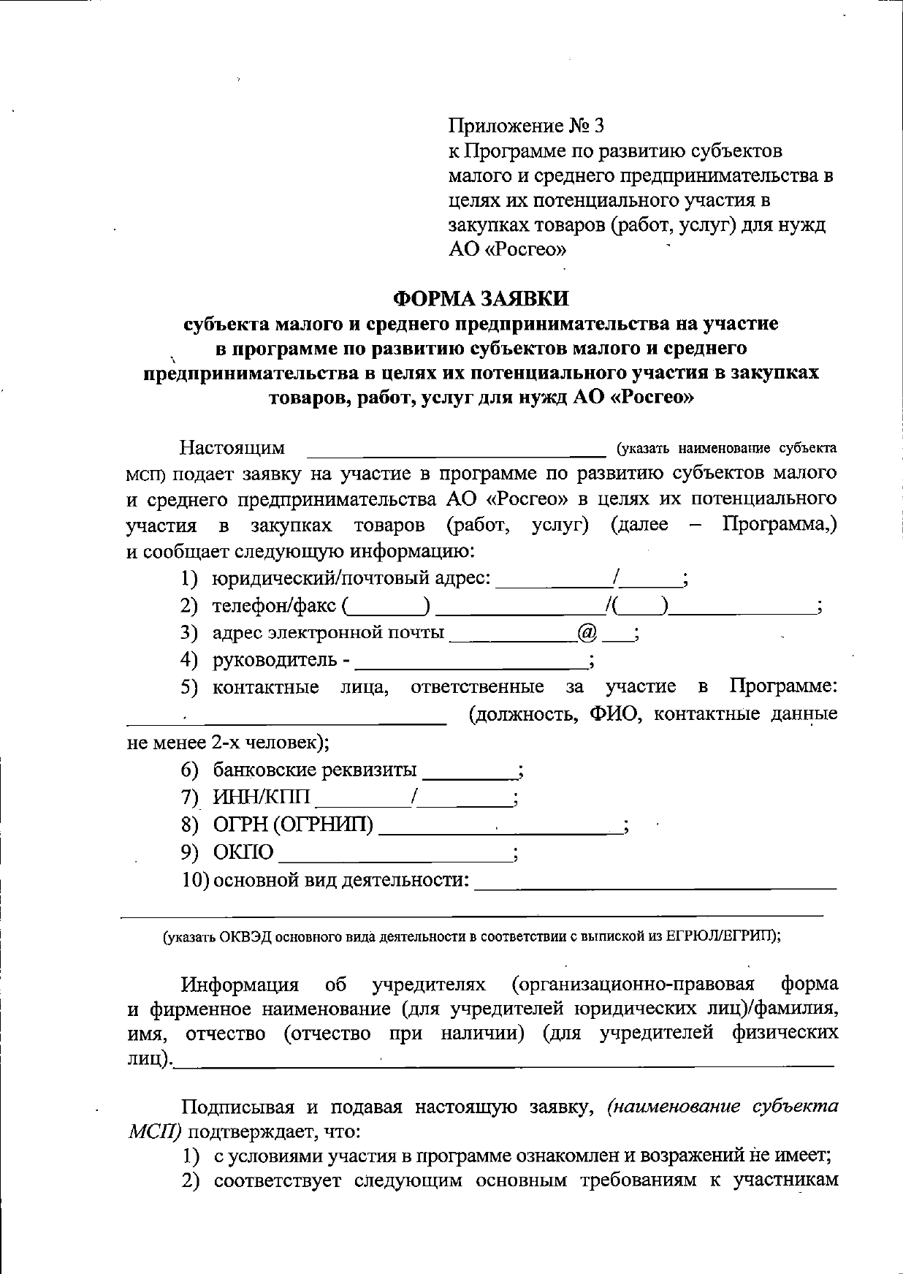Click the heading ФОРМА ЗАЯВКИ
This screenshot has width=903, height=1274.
point(480,299)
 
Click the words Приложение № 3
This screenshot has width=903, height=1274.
point(526,126)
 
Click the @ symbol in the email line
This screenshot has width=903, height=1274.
point(587,632)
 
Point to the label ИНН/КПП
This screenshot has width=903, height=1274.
point(261,797)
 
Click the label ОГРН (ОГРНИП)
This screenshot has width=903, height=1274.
point(293,825)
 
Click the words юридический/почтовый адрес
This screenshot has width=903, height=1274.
point(351,578)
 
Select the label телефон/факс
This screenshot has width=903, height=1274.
point(274,605)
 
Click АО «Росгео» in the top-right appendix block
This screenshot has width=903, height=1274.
point(507,250)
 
